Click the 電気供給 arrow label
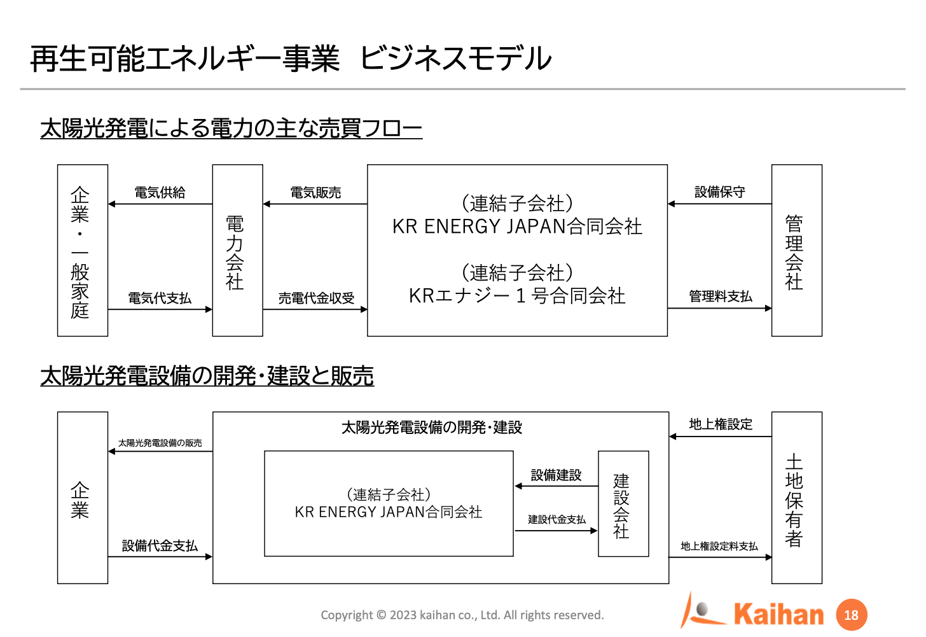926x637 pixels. click(x=160, y=192)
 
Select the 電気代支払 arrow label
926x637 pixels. click(x=160, y=298)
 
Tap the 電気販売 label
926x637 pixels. click(x=315, y=192)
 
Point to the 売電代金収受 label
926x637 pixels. click(x=316, y=298)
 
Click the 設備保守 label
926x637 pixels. click(x=720, y=192)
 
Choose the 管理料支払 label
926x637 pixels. click(x=720, y=296)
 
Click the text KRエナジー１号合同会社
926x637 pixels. click(x=517, y=296)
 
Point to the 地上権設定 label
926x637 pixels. click(x=721, y=424)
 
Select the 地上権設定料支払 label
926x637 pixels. click(x=719, y=546)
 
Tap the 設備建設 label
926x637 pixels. click(x=556, y=475)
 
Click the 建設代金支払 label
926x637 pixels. click(x=556, y=519)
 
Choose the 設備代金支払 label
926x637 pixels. click(x=160, y=545)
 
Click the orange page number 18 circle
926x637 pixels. click(x=852, y=615)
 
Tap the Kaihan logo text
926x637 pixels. click(x=779, y=615)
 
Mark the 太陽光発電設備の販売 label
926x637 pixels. click(x=160, y=443)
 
